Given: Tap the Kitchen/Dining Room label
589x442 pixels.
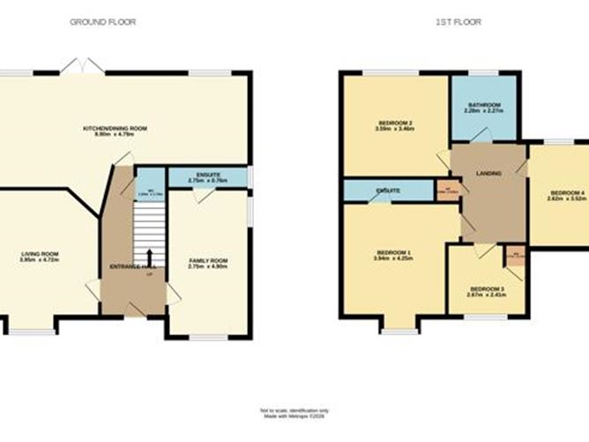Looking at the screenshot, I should [x=115, y=128].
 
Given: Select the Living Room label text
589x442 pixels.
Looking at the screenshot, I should [x=38, y=255].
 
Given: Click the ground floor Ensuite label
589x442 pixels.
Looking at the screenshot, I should [x=208, y=175].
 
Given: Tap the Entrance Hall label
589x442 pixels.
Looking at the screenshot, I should [x=126, y=266].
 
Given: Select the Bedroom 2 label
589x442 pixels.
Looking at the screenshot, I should [x=397, y=124].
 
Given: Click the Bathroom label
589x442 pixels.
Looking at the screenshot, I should [x=484, y=104].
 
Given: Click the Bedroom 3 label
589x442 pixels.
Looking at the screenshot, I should [x=487, y=289].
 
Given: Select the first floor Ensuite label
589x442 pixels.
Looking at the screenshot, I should [x=388, y=190].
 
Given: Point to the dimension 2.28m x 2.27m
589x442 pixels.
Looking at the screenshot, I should [x=484, y=111].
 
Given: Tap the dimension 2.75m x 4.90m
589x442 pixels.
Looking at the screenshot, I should [x=208, y=267].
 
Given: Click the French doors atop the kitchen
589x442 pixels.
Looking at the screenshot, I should [x=87, y=65].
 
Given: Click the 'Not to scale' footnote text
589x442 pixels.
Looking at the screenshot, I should [x=294, y=410].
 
